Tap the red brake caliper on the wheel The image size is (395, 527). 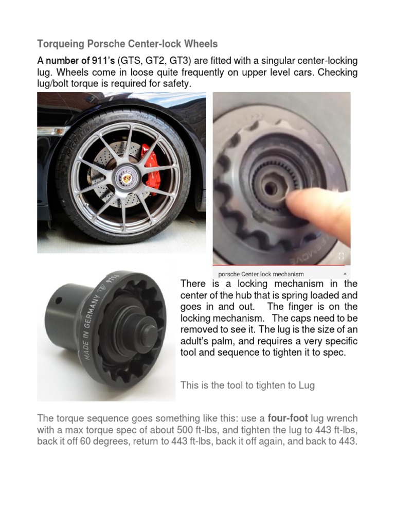[151, 166]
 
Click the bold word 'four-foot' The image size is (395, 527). [288, 418]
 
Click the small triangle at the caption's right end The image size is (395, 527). [344, 274]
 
